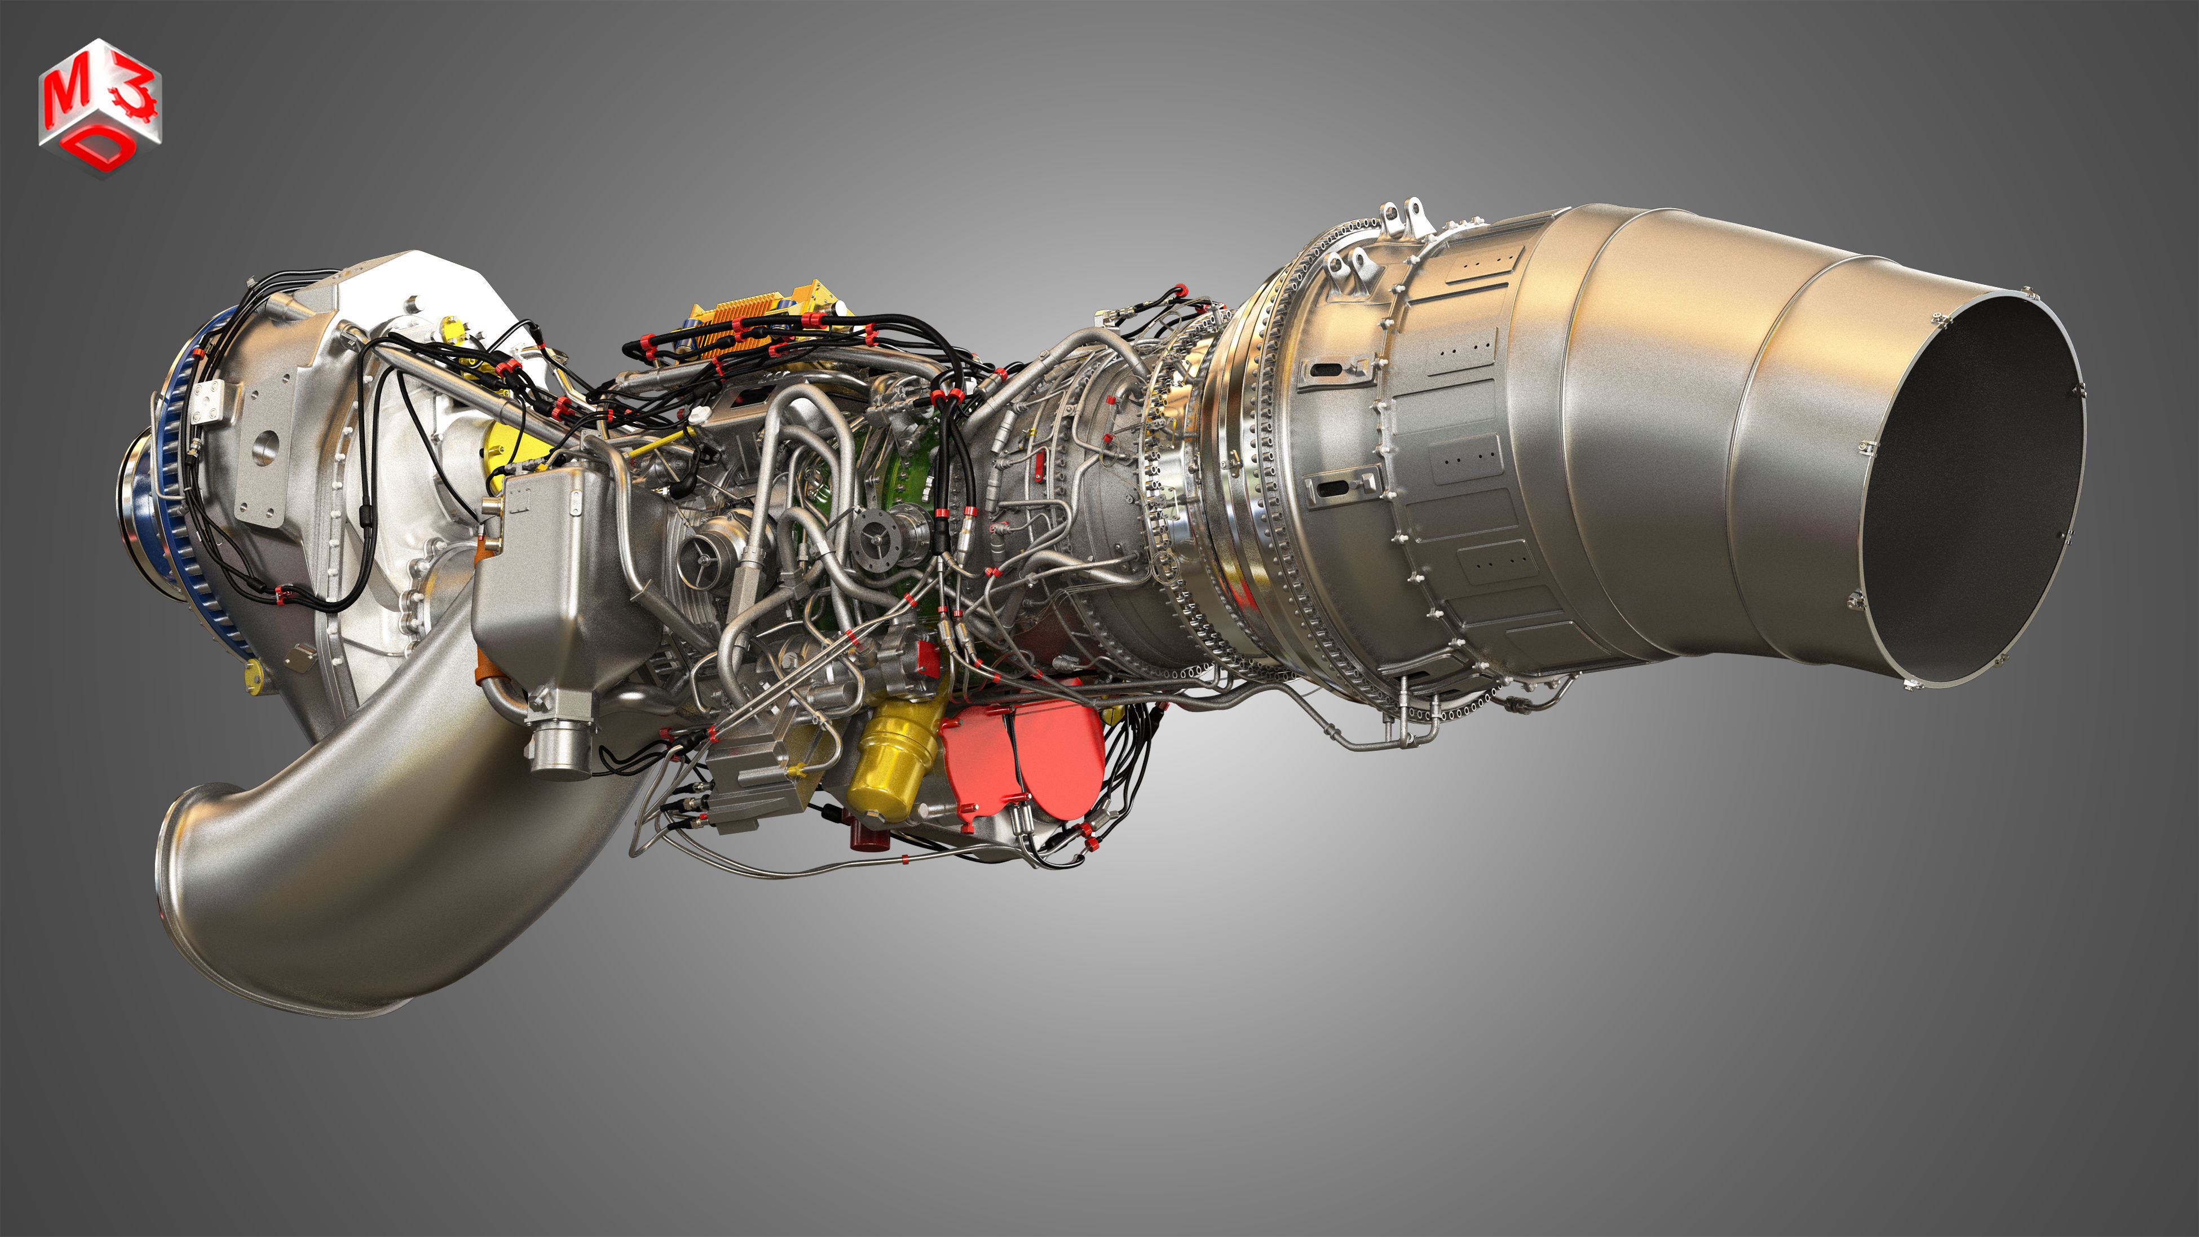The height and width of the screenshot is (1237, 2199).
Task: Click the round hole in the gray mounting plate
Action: coord(266,446)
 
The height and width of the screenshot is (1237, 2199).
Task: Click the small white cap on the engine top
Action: coord(700,414)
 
